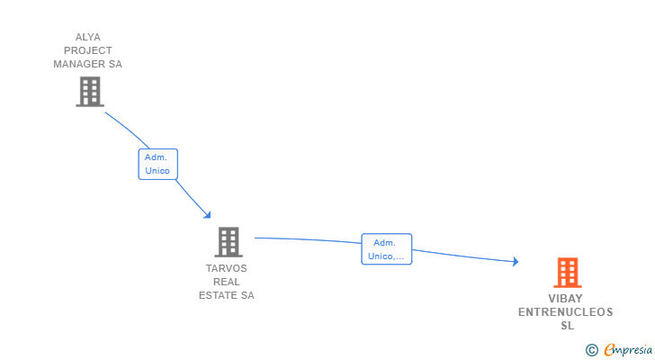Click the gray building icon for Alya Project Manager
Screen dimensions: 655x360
click(x=89, y=92)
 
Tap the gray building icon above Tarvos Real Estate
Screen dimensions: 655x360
click(x=229, y=242)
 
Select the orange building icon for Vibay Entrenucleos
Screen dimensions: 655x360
click(x=567, y=273)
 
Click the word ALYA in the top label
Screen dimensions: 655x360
click(x=88, y=37)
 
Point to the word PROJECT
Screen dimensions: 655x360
click(x=88, y=50)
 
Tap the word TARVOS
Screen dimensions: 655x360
click(x=227, y=268)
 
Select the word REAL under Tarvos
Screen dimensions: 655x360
click(x=227, y=282)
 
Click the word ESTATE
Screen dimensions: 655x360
click(x=219, y=295)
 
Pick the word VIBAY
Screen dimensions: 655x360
click(x=566, y=299)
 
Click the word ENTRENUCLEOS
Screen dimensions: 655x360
click(x=566, y=312)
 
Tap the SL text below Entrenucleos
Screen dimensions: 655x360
click(x=567, y=326)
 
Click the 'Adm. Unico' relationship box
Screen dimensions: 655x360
click(x=157, y=164)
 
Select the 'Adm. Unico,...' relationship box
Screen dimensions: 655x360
click(x=387, y=249)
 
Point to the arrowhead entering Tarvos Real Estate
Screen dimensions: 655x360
click(x=208, y=215)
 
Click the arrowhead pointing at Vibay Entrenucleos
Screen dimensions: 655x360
click(x=516, y=262)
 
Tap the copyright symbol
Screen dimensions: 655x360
click(x=591, y=349)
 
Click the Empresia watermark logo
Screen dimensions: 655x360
click(x=628, y=349)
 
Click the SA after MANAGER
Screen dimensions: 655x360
click(x=114, y=64)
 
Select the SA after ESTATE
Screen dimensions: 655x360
click(x=247, y=295)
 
